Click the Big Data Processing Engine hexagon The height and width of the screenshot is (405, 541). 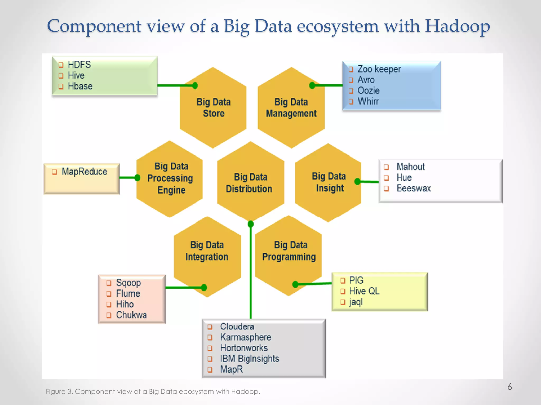(170, 179)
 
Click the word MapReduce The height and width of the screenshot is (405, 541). (84, 172)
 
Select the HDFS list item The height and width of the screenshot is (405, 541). (79, 65)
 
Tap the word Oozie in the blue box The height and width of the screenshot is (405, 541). (368, 91)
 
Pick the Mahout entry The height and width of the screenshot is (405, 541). (411, 167)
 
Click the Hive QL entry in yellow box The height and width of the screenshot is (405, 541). (364, 291)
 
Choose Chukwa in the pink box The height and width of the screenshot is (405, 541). (131, 315)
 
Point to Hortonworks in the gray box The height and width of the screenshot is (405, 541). (244, 348)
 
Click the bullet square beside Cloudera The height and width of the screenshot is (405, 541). (210, 327)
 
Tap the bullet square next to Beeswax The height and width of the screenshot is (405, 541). (386, 189)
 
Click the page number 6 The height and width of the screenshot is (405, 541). (510, 387)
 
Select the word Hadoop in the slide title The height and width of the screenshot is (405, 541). (457, 26)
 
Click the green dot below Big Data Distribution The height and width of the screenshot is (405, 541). (251, 224)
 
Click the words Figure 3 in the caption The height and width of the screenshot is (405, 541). (59, 392)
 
